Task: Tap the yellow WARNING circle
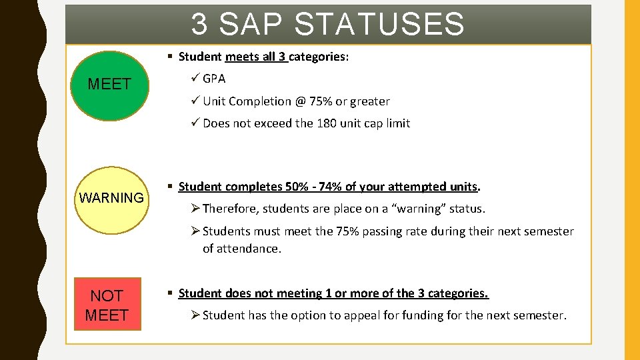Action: tap(111, 198)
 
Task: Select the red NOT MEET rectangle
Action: tap(107, 305)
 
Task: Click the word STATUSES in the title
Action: tap(379, 24)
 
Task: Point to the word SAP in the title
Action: tap(250, 24)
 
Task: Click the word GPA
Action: tap(214, 79)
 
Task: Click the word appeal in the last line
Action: tap(361, 315)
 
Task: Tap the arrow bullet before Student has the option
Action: tap(195, 315)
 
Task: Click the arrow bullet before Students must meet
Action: tap(195, 231)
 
